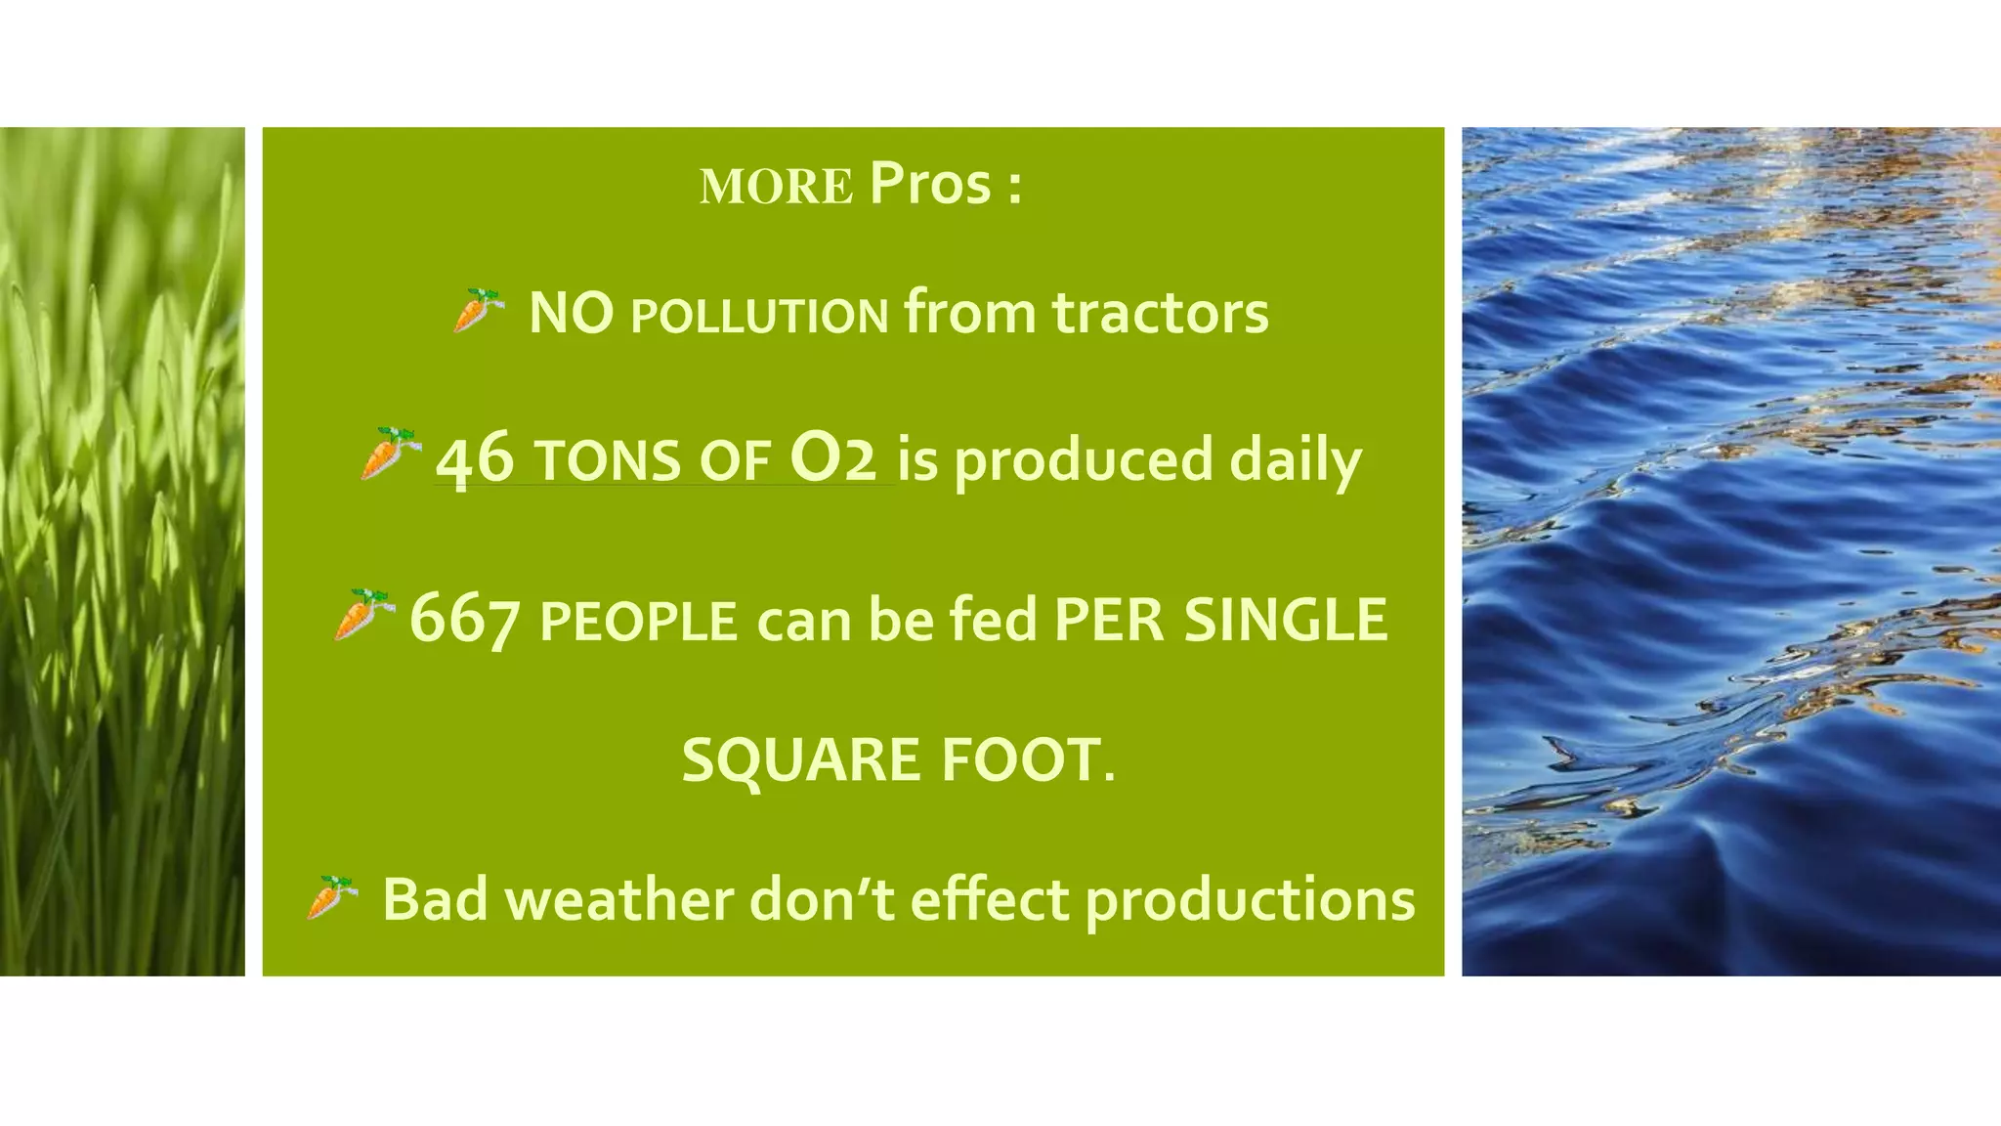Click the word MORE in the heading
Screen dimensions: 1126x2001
[777, 187]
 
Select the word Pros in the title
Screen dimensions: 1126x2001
[930, 183]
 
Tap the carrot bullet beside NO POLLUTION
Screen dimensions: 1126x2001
[477, 311]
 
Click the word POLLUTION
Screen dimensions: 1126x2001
[759, 316]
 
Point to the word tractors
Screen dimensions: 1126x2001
[1160, 313]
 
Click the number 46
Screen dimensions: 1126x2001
[475, 458]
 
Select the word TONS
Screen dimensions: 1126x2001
[609, 462]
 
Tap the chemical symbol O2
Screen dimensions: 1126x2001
[833, 458]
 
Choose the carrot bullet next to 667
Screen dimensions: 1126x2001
[361, 614]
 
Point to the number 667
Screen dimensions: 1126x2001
[464, 620]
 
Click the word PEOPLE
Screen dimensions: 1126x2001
[638, 623]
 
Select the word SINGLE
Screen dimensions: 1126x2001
[1285, 620]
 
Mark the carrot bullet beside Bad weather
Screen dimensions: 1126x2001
[332, 897]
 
